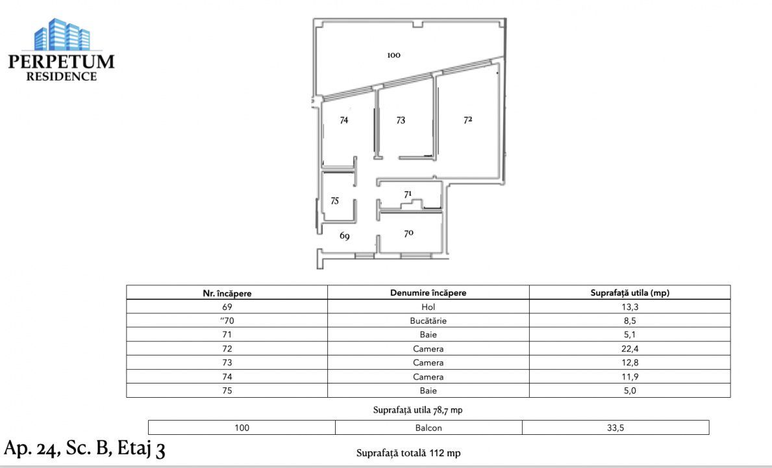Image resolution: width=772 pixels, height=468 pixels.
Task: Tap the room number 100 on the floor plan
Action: (393, 56)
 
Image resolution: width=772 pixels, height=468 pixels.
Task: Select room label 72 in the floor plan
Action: (467, 120)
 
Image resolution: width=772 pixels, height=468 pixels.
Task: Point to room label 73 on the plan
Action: (401, 120)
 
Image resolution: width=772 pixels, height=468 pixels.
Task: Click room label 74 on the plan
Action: (344, 120)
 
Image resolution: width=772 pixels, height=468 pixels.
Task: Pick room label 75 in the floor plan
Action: (334, 201)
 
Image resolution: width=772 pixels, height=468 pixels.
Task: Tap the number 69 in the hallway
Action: (344, 237)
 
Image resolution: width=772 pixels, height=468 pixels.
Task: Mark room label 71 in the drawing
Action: (408, 194)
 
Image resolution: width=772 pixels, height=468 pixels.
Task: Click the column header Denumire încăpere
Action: (428, 293)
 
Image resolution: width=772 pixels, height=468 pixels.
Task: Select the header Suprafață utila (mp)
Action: (629, 293)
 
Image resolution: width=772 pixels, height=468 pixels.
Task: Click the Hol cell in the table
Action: (428, 307)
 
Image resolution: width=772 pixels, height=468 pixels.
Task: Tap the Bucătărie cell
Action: (428, 321)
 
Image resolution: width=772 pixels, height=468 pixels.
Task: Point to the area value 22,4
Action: (629, 349)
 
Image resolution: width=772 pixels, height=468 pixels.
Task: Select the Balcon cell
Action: (428, 428)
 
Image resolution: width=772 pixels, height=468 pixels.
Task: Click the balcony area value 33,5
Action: (615, 428)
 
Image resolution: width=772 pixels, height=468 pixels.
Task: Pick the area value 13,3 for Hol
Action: (629, 307)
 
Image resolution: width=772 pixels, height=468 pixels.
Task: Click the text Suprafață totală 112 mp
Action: (408, 453)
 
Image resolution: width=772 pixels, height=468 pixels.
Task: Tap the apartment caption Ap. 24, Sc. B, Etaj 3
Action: (84, 449)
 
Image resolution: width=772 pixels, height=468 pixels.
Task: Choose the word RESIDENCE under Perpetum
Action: (61, 76)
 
